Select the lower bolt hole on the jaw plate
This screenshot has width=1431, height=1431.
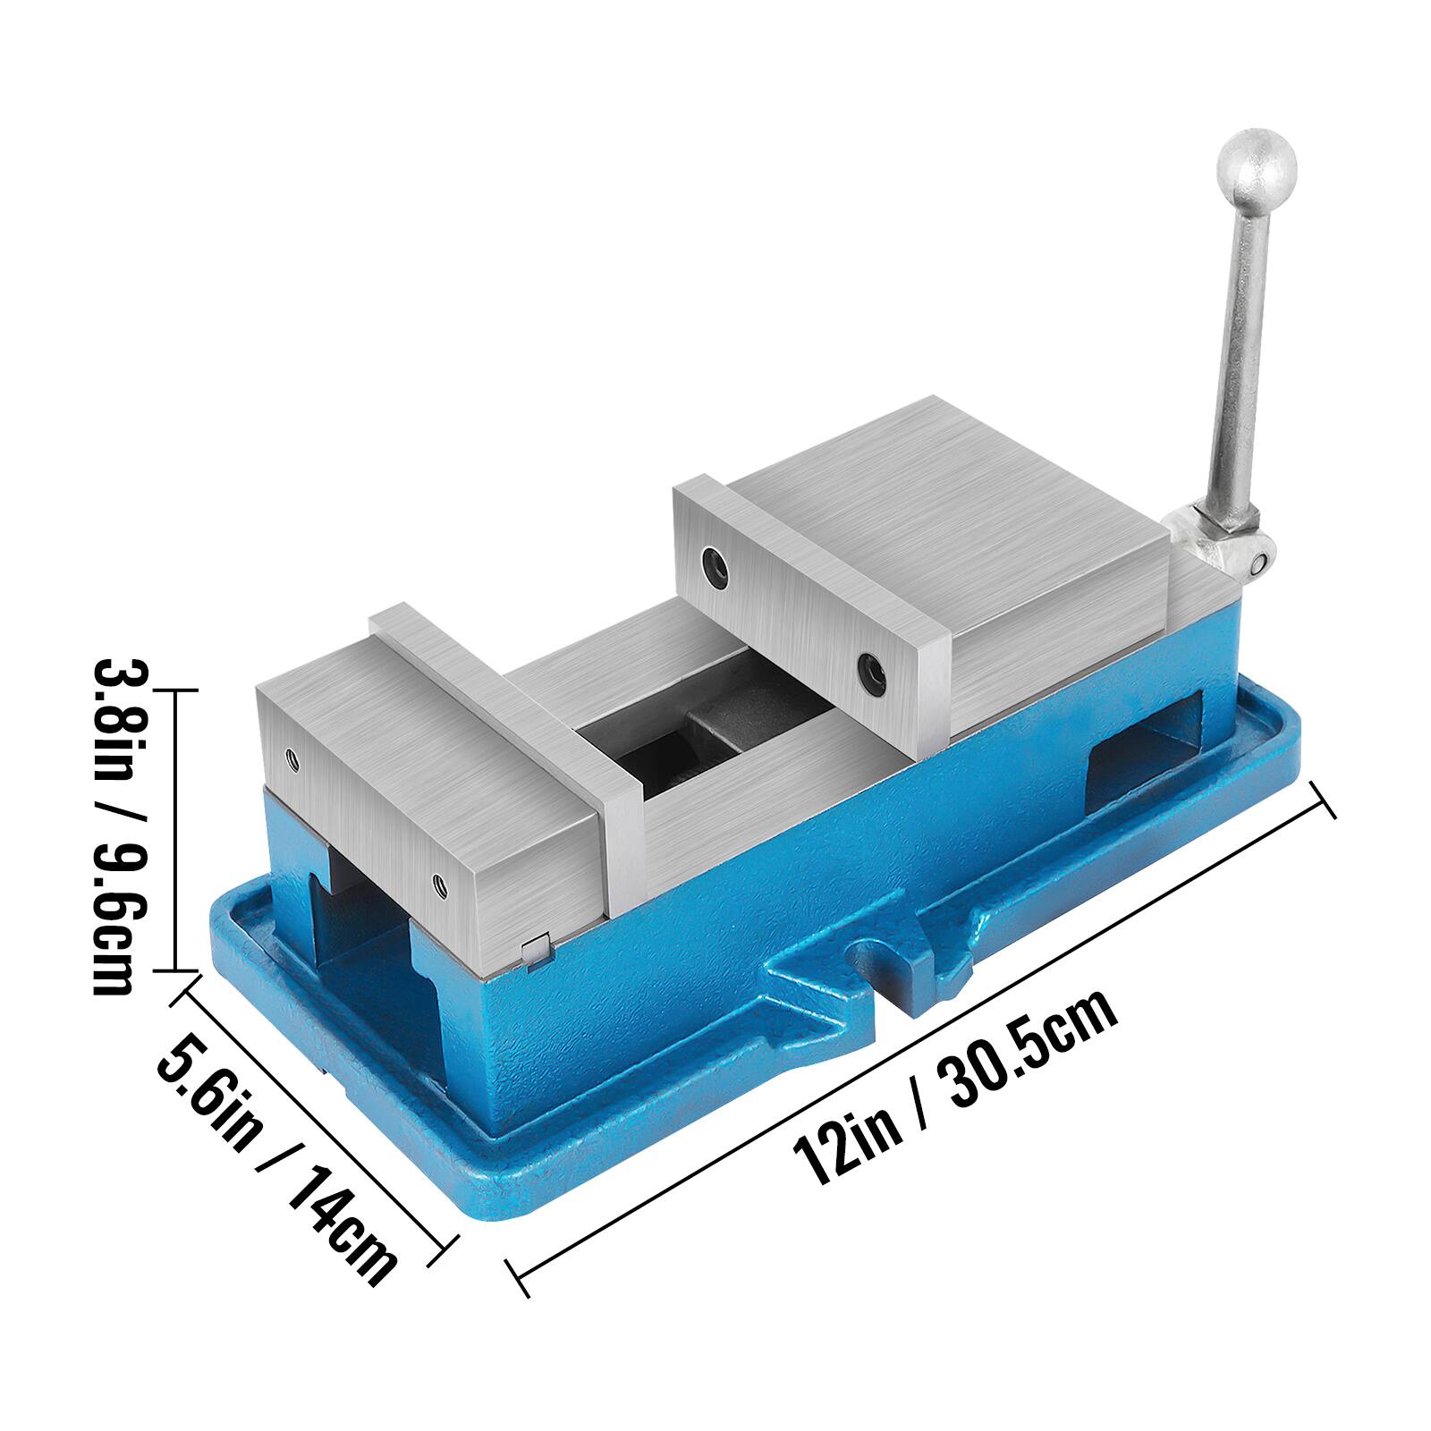click(x=869, y=674)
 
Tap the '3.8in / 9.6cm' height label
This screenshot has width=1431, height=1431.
click(x=114, y=826)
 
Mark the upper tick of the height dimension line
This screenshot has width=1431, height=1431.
click(x=174, y=690)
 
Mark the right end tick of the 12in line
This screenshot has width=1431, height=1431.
click(x=1323, y=799)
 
